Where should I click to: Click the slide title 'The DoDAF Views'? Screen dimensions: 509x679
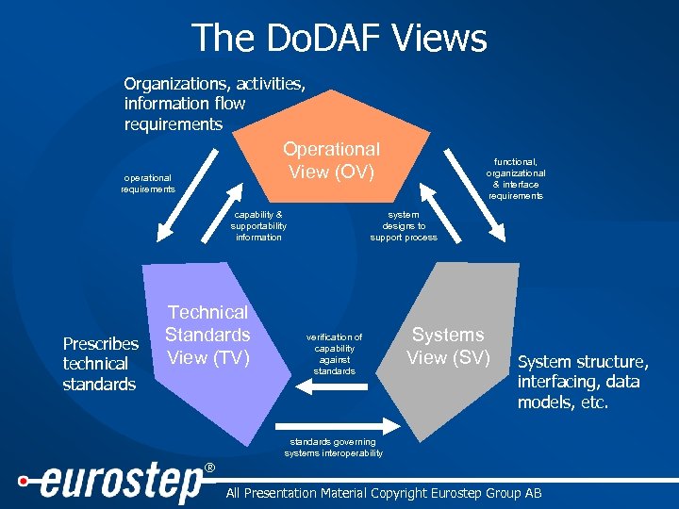point(339,38)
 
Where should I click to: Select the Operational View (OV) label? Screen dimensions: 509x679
point(331,160)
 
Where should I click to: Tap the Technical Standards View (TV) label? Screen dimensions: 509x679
point(207,335)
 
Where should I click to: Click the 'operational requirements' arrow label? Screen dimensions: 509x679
point(147,183)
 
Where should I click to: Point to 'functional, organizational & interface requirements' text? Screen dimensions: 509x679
point(516,178)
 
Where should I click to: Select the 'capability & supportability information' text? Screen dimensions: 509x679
point(258,226)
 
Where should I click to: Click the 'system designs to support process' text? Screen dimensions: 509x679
point(404,226)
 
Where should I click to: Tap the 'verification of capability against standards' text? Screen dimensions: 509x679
point(334,353)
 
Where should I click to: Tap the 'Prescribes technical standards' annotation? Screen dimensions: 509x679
point(100,364)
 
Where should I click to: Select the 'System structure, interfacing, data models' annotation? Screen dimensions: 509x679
point(583,382)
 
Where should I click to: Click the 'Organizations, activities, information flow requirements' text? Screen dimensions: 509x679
point(214,104)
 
